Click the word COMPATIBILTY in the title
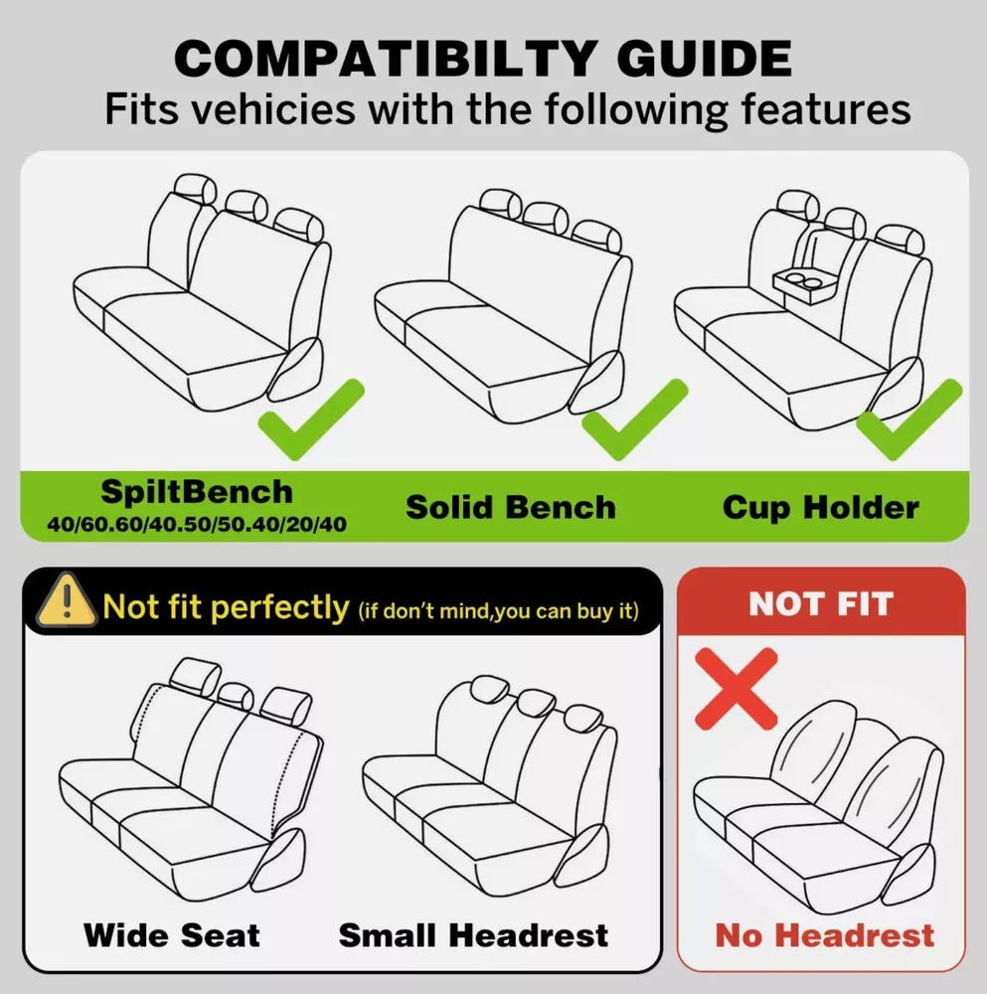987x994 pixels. [x=386, y=59]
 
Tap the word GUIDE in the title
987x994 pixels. [x=705, y=59]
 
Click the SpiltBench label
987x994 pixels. [x=197, y=492]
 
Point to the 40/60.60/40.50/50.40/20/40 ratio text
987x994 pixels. [x=197, y=524]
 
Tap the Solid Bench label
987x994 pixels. [x=511, y=507]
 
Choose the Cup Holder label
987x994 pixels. [x=821, y=508]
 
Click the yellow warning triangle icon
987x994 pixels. [x=67, y=601]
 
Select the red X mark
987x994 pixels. [x=736, y=689]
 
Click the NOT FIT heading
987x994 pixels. [x=821, y=603]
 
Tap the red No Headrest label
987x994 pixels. [x=825, y=935]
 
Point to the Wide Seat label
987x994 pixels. [x=172, y=935]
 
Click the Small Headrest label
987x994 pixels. [x=473, y=935]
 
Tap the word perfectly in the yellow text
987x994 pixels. [x=279, y=608]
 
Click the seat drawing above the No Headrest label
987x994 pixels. [x=818, y=807]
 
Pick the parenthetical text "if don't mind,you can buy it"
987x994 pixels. [x=498, y=611]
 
